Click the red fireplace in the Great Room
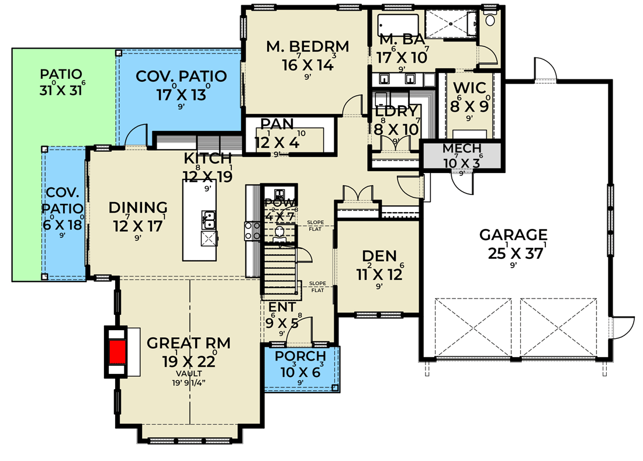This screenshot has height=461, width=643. [x=118, y=352]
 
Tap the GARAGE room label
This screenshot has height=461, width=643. [x=513, y=235]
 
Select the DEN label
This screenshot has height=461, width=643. [x=379, y=255]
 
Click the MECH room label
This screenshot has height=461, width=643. [x=461, y=148]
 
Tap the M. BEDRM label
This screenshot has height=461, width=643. [x=307, y=46]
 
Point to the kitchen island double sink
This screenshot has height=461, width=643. [x=208, y=219]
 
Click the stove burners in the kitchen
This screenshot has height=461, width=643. [x=252, y=230]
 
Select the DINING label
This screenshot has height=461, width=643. [x=138, y=207]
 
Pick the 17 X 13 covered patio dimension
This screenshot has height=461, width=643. [x=181, y=94]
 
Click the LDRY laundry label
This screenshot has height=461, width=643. [x=397, y=110]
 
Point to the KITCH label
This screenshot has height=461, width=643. [x=208, y=158]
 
